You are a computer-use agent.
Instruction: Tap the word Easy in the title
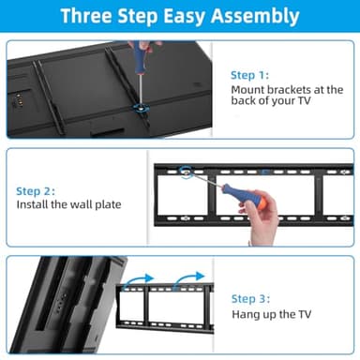[x=197, y=16]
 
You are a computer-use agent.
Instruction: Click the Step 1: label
[x=249, y=73]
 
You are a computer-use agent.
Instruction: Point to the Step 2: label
[x=35, y=190]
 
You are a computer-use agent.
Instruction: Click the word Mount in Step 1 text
[x=249, y=91]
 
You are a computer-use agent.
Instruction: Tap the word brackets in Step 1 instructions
[x=295, y=91]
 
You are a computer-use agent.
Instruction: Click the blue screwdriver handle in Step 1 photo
[x=142, y=52]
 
